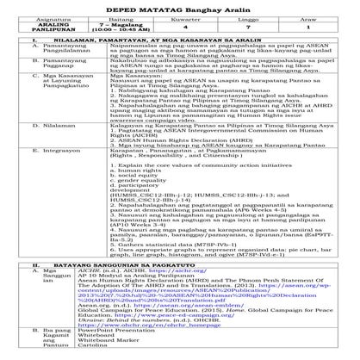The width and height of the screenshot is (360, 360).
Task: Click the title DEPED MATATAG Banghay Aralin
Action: [181, 7]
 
